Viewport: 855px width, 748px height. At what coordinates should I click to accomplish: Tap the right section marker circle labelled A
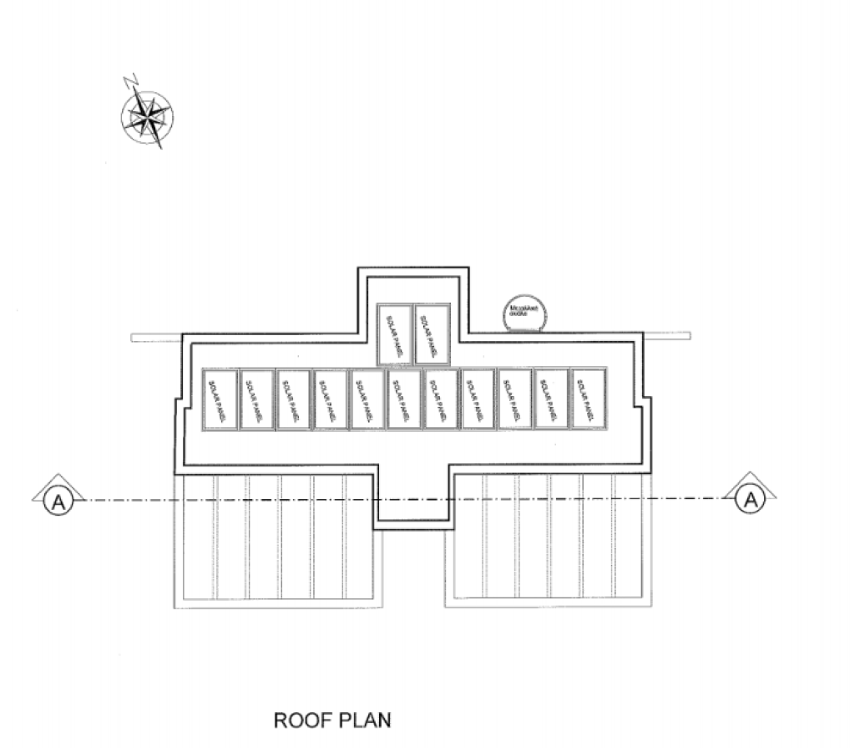pos(750,500)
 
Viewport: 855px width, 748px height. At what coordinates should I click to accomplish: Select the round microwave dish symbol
pos(524,314)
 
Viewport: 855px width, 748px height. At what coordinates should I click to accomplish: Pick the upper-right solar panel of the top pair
pos(432,333)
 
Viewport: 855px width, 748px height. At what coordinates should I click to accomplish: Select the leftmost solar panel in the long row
pos(221,399)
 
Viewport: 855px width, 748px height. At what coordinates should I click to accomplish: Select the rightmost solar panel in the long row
pos(587,399)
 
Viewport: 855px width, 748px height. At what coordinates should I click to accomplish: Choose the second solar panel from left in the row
pos(257,399)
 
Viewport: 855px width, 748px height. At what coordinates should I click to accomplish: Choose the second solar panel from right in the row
pos(550,399)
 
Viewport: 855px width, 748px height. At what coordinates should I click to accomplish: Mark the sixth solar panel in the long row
pos(404,399)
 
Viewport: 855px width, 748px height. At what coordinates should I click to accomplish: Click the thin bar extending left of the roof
pos(156,337)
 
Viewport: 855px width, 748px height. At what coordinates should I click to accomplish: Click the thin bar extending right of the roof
pos(668,336)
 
